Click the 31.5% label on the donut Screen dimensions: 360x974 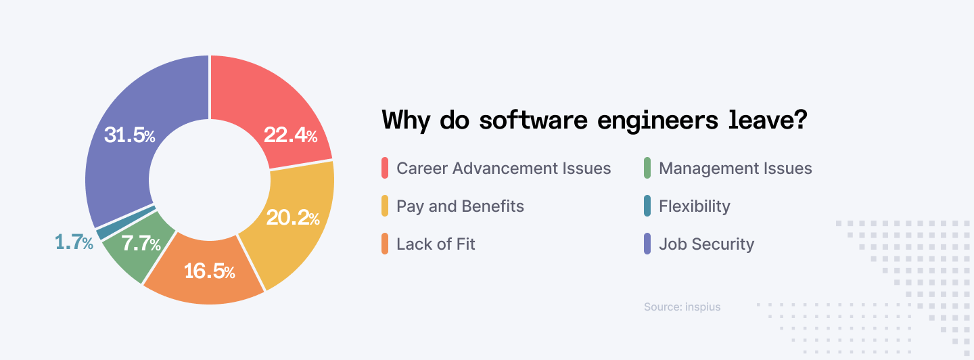129,135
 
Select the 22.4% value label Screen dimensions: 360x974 290,135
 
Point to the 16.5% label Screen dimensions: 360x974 210,271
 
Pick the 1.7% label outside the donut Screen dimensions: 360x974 74,242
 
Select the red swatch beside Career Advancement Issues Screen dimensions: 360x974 385,168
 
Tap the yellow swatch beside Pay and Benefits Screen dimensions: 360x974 385,206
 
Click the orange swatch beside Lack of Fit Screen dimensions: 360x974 385,244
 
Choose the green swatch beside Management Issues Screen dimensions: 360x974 647,168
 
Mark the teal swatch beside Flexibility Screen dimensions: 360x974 647,206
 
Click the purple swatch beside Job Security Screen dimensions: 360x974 647,244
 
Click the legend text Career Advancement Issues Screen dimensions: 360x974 503,168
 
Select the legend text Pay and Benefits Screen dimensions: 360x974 460,206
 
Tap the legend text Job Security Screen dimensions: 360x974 706,244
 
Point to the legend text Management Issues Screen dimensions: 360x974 735,168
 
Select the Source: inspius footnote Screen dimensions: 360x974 682,307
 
